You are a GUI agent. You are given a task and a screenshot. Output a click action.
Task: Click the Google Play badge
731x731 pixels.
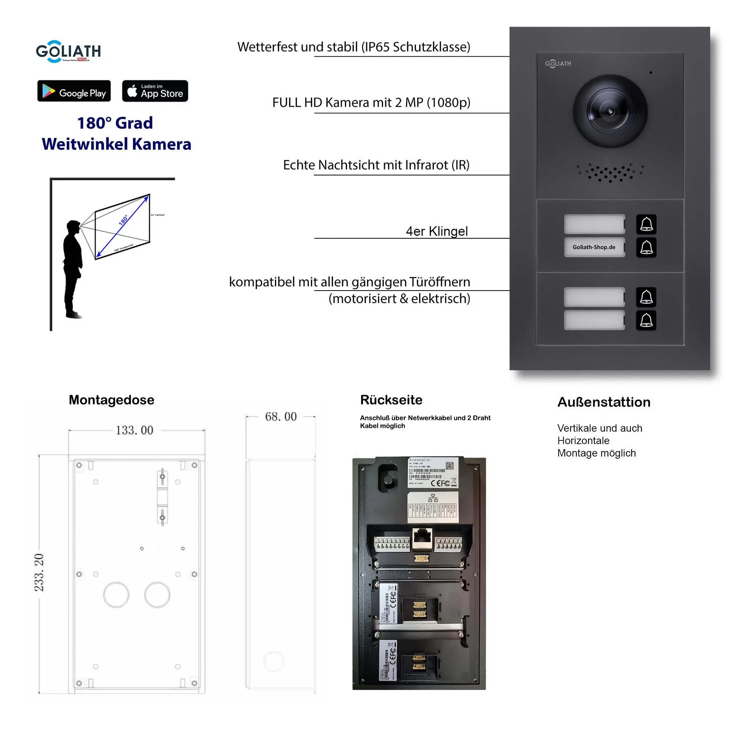tap(74, 91)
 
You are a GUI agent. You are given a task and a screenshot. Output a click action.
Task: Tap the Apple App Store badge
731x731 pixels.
tap(155, 91)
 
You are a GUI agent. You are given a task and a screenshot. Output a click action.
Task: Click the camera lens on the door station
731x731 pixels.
tap(610, 111)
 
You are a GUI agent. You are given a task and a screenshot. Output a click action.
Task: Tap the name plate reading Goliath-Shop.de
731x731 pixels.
tap(594, 247)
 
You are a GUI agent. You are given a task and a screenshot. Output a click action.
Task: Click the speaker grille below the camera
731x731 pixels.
tap(610, 173)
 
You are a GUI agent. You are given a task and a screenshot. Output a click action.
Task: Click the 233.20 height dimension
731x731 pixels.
tap(39, 572)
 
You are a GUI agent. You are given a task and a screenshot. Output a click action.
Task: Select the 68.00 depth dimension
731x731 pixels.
tap(280, 417)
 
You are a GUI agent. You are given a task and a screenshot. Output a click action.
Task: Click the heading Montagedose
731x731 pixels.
tap(111, 400)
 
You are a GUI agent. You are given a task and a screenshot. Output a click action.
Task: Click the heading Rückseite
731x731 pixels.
tap(391, 400)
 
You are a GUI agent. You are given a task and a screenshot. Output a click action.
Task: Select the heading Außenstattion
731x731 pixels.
tap(604, 402)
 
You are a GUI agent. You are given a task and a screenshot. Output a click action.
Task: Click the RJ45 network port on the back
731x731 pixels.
tap(422, 538)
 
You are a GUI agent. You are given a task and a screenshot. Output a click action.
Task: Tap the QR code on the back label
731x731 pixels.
tap(449, 466)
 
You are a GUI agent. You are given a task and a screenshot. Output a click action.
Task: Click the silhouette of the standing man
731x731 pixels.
tap(73, 269)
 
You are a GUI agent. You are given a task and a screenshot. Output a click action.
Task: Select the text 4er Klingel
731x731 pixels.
tap(437, 231)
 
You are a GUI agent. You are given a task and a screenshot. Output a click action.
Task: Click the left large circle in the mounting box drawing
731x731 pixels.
tap(116, 595)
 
